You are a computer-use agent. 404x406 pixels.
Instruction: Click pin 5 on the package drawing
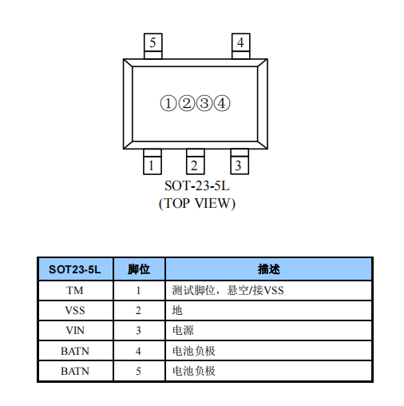[x=152, y=46]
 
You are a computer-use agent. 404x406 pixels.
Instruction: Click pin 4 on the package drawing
[x=240, y=46]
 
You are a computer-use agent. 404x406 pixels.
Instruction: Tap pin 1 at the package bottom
[x=152, y=161]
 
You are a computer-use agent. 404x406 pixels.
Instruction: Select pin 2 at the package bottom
[x=196, y=161]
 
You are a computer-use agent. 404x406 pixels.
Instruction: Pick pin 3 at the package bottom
[x=240, y=161]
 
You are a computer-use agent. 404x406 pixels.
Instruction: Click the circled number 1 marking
[x=168, y=103]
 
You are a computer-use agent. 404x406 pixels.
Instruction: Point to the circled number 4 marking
[x=222, y=103]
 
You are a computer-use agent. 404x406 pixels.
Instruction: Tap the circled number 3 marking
[x=204, y=103]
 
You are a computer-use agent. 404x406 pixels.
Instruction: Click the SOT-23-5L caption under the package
[x=197, y=185]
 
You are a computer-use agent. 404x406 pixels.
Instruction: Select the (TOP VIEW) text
[x=197, y=204]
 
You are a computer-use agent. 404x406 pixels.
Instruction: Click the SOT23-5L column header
[x=75, y=269]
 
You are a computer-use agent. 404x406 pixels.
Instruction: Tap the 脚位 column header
[x=139, y=269]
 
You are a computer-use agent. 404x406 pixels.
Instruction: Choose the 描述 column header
[x=269, y=269]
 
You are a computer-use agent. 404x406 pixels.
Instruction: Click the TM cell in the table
[x=75, y=290]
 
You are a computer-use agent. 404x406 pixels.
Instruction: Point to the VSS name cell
[x=75, y=311]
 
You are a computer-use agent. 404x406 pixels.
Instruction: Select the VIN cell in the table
[x=75, y=331]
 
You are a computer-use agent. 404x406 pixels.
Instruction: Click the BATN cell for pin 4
[x=75, y=351]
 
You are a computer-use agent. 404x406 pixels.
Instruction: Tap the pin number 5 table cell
[x=138, y=371]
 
